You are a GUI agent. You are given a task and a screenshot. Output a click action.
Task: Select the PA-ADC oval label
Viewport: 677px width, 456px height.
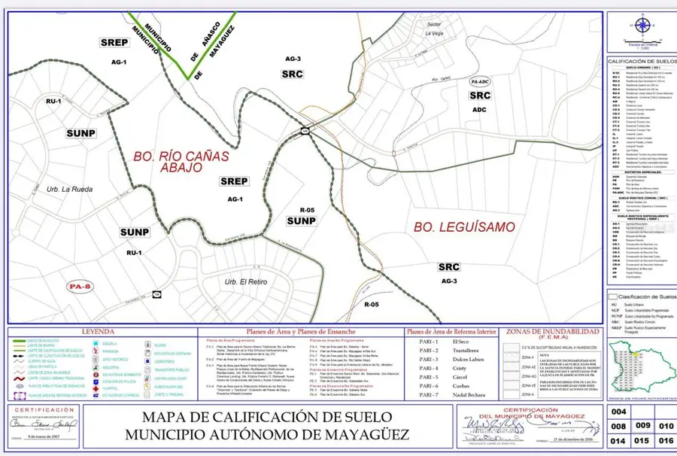tap(479, 81)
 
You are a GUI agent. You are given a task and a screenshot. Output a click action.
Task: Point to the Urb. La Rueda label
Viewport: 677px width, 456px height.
tap(68, 189)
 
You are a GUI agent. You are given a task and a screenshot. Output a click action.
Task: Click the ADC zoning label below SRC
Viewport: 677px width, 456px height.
tap(479, 109)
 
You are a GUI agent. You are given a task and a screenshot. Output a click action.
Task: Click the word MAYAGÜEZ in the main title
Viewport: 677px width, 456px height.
tap(364, 434)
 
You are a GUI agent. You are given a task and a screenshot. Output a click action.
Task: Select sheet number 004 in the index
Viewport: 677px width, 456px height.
tap(618, 412)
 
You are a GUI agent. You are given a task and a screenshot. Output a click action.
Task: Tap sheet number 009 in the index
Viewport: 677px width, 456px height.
tap(642, 427)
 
